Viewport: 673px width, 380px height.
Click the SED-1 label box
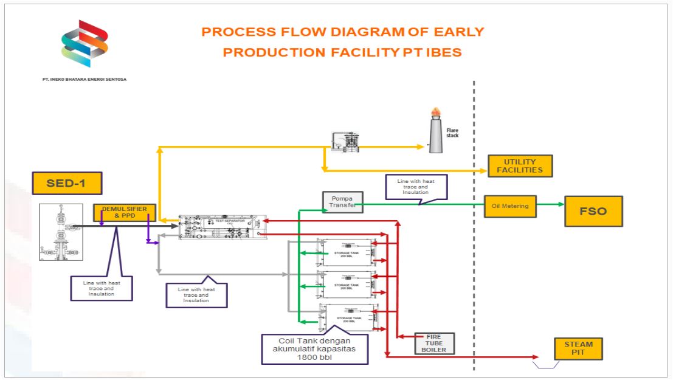[x=67, y=183]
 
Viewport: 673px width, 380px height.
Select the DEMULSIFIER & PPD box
[x=124, y=212]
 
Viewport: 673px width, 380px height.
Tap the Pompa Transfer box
[x=342, y=202]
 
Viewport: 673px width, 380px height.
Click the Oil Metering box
[x=510, y=206]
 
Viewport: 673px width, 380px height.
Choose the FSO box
[x=593, y=211]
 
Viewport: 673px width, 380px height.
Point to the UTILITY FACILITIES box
[x=520, y=165]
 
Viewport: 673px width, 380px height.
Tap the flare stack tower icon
[x=435, y=135]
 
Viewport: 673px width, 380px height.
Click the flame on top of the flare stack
[x=435, y=112]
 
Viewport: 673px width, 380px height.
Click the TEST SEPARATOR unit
[x=223, y=226]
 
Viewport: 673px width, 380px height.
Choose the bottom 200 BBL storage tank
[x=351, y=317]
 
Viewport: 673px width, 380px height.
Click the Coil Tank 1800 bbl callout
[x=315, y=349]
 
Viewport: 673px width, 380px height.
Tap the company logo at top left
[x=85, y=44]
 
